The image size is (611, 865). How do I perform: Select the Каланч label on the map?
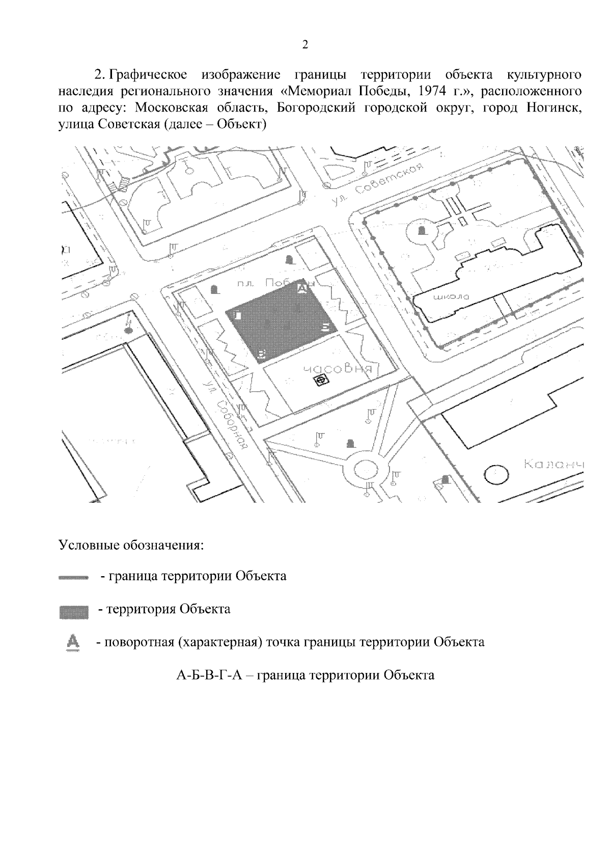point(553,465)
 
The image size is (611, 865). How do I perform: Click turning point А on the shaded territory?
point(302,289)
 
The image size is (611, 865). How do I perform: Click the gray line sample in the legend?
point(74,578)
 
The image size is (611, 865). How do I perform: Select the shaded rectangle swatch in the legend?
point(74,610)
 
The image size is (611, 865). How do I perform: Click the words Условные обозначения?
point(131,545)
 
